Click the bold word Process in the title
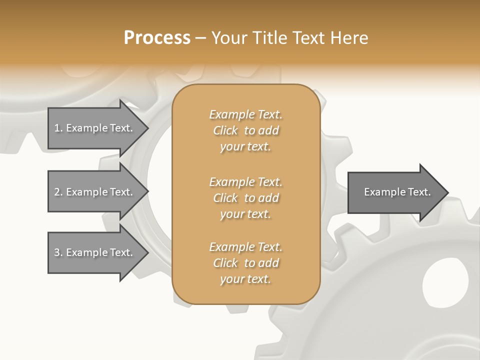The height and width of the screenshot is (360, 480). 157,38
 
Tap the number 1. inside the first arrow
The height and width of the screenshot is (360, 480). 58,128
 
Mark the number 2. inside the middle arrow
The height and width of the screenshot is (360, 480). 58,192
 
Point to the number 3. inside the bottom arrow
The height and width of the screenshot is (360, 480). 58,252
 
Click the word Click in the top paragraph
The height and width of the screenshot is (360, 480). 225,130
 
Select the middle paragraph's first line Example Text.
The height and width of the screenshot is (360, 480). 245,181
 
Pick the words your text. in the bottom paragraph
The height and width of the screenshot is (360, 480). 245,279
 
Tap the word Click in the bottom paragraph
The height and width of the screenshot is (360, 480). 225,263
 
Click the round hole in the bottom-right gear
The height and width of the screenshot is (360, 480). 445,282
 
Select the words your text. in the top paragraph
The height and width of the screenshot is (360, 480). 245,147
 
